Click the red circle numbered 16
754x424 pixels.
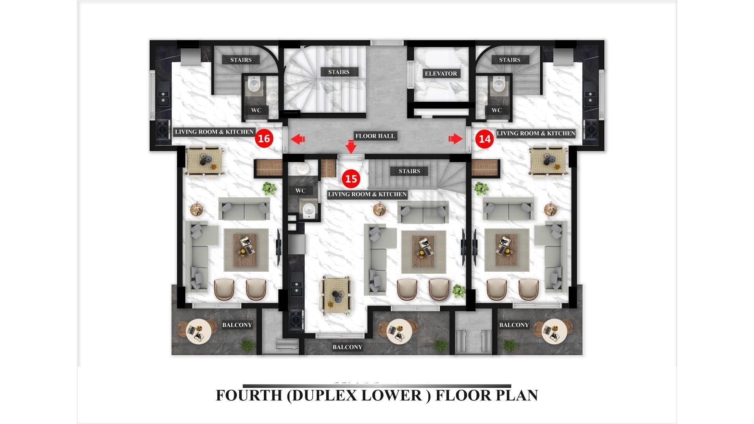click(264, 138)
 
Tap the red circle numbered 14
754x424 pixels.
click(485, 139)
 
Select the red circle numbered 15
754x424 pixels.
click(351, 179)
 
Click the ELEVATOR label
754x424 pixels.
click(441, 73)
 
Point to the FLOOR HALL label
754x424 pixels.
click(375, 136)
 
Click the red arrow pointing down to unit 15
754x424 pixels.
click(351, 146)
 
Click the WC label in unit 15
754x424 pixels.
click(300, 191)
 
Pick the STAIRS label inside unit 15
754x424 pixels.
click(409, 171)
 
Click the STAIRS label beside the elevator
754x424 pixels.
click(339, 72)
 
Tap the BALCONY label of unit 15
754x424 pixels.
click(347, 347)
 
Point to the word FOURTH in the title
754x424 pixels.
click(249, 395)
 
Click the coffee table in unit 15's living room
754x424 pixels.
click(423, 252)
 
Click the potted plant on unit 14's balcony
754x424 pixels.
click(510, 346)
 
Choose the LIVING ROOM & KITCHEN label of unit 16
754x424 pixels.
click(214, 132)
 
